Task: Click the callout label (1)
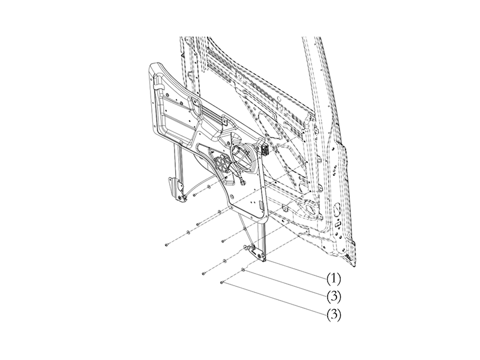click(334, 278)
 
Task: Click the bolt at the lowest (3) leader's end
click(223, 281)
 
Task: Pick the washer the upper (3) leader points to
click(243, 270)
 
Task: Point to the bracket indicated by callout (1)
click(262, 256)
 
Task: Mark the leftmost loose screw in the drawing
click(165, 245)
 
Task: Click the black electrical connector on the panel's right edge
click(264, 149)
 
